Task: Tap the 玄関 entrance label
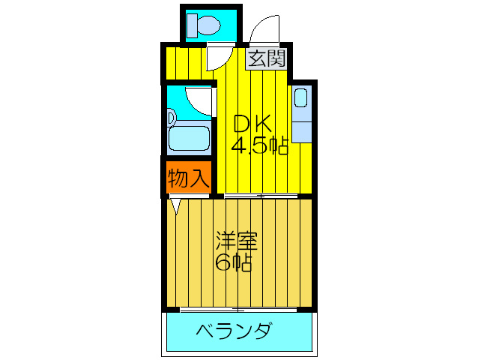(x=267, y=58)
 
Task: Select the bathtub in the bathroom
(x=189, y=138)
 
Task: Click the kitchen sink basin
(x=300, y=97)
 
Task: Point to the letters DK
(x=252, y=123)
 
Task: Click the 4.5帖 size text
(x=259, y=146)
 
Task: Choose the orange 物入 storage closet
(x=189, y=177)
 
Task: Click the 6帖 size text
(x=234, y=262)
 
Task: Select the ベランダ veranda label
(x=233, y=330)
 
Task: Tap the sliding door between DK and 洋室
(x=261, y=196)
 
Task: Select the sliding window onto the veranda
(x=238, y=310)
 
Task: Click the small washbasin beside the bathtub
(x=171, y=118)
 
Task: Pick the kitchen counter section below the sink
(x=302, y=132)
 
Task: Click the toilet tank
(x=192, y=25)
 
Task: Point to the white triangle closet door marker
(x=176, y=206)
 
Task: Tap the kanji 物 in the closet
(x=178, y=177)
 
